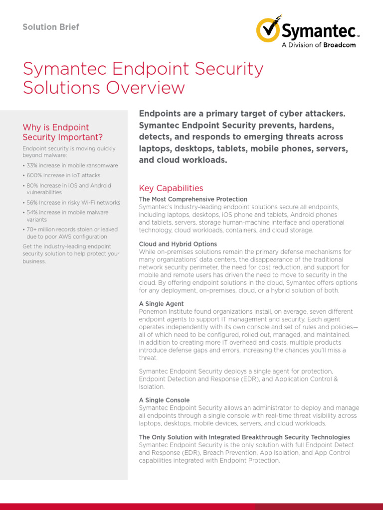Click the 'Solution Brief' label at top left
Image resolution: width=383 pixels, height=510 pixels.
click(x=51, y=27)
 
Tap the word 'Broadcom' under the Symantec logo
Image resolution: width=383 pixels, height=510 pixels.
click(x=339, y=45)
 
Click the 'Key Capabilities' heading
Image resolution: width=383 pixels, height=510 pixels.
click(x=171, y=188)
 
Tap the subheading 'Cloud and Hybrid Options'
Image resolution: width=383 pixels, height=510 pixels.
click(x=178, y=244)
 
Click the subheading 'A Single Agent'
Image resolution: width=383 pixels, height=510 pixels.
click(x=161, y=304)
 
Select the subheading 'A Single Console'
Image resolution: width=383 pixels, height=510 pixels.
click(x=164, y=400)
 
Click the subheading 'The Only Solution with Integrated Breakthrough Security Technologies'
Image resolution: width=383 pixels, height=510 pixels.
click(x=244, y=437)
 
